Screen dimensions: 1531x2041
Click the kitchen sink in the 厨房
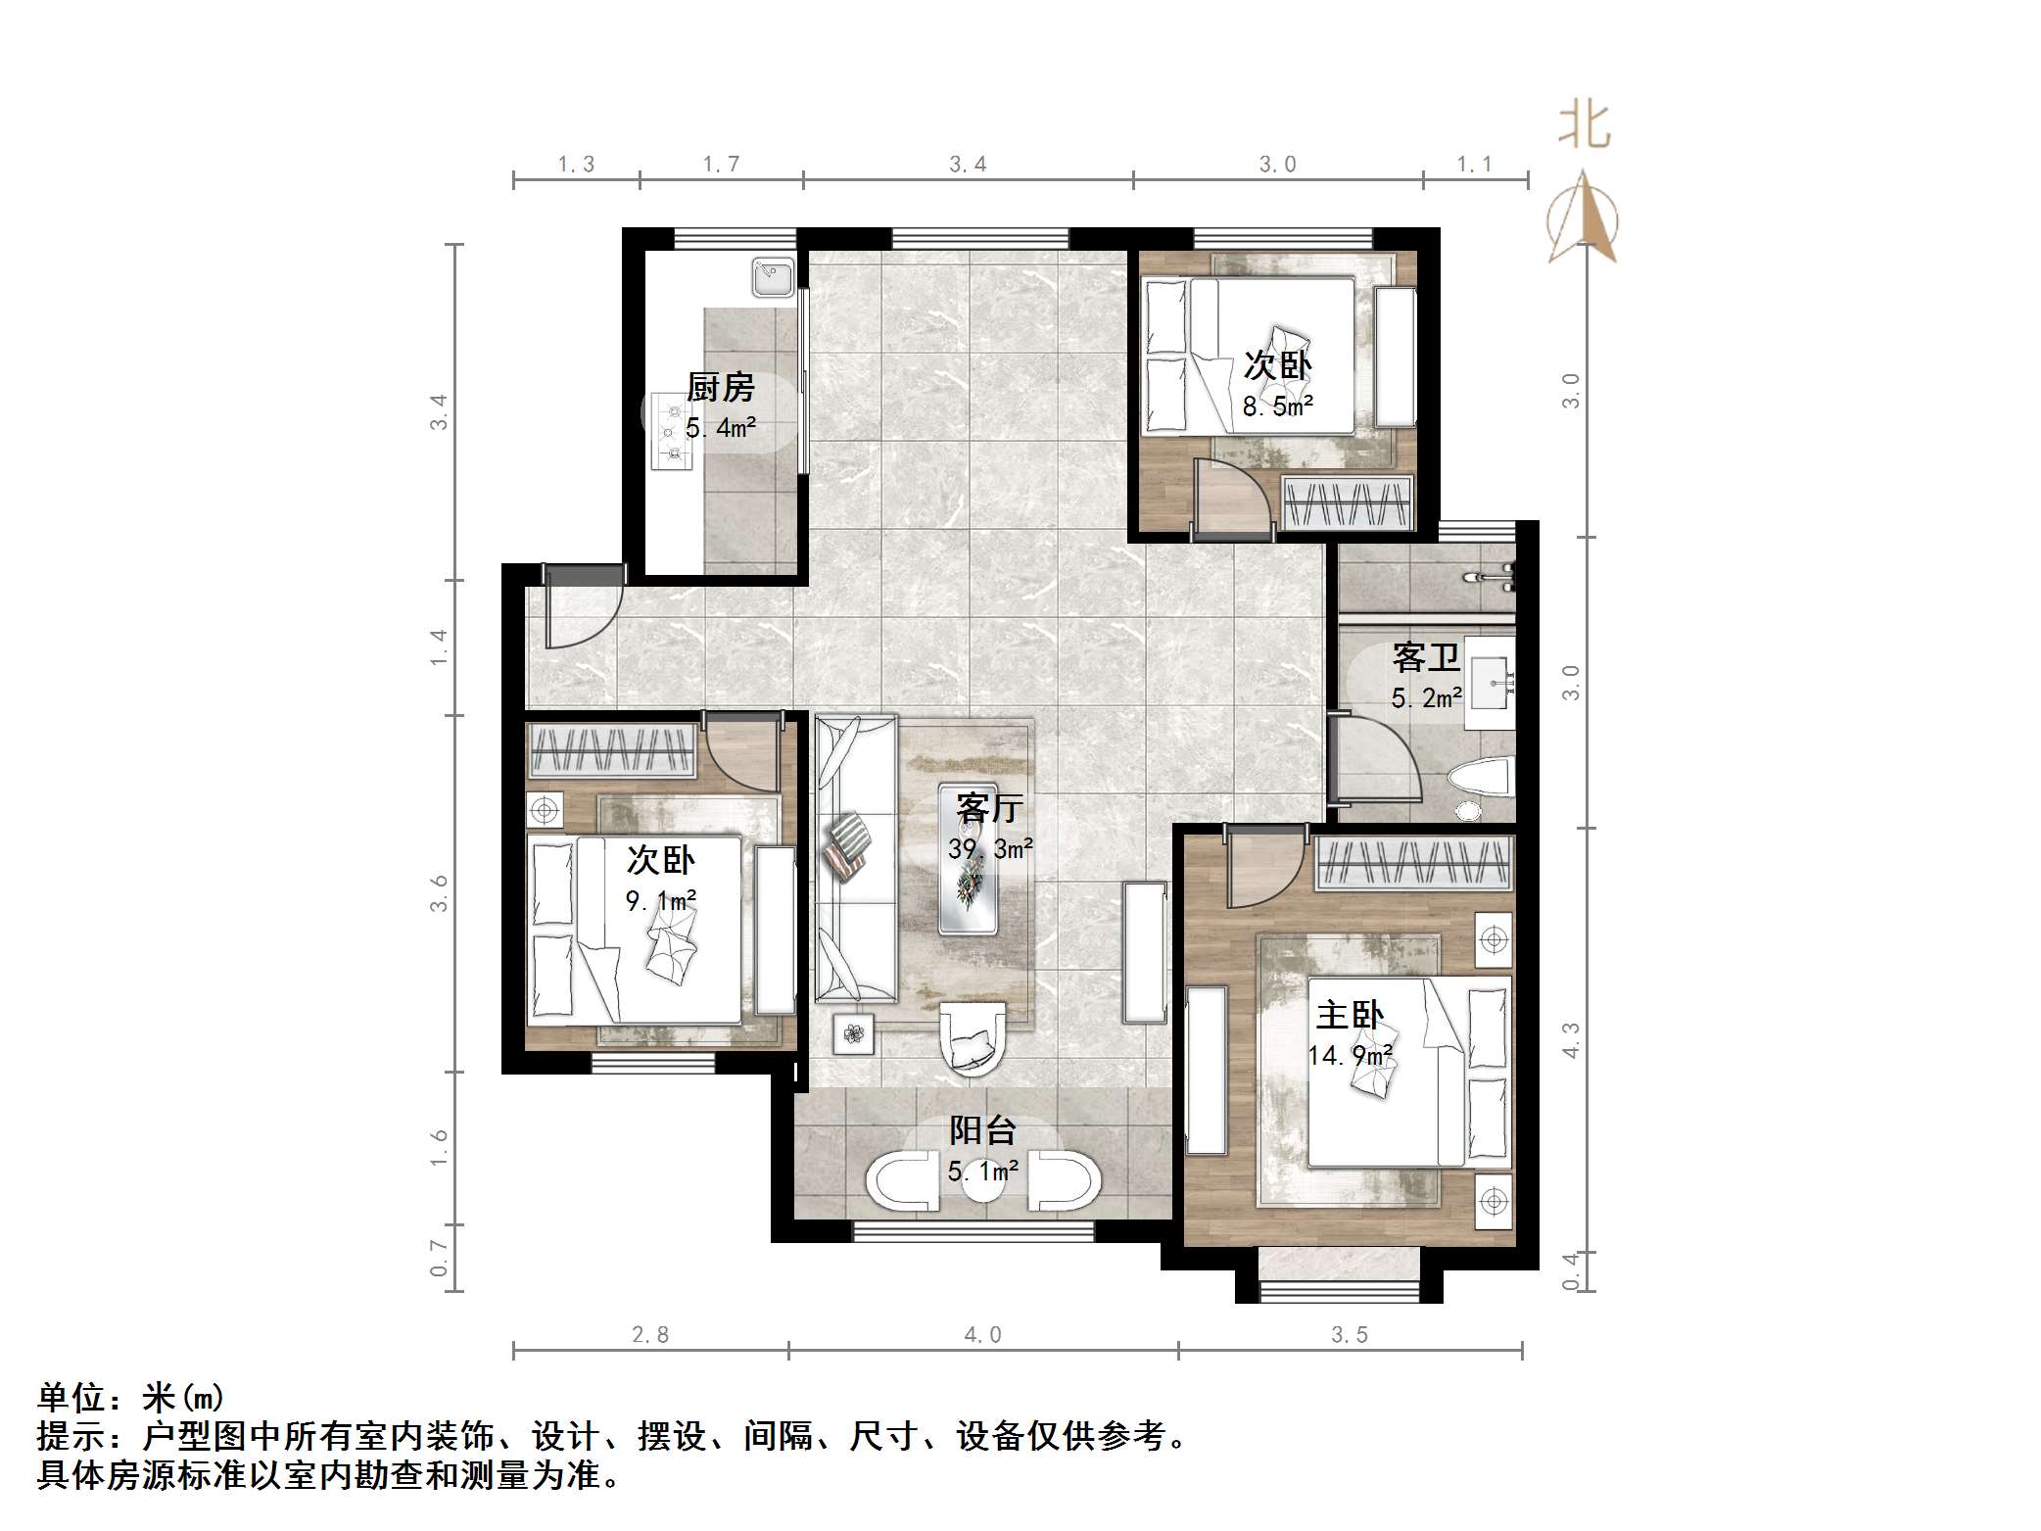coord(773,277)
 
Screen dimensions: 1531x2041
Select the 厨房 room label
coord(721,388)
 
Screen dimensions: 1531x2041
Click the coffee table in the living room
coord(969,859)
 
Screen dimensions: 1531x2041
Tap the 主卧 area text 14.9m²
coord(1350,1055)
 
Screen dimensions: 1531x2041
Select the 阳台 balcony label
coord(982,1130)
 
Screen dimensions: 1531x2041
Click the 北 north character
coord(1584,126)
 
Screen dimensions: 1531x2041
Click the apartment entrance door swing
coord(578,613)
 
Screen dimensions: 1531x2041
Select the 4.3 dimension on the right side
coord(1571,1039)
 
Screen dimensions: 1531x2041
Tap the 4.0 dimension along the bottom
coord(982,1334)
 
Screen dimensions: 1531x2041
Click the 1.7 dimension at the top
coord(721,164)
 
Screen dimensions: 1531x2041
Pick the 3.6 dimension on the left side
coord(439,892)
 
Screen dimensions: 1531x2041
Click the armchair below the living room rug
coord(972,1038)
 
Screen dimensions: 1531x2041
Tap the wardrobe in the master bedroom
coord(1412,863)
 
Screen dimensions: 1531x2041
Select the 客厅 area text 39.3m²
coord(990,848)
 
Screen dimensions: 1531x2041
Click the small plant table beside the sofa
coord(853,1033)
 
